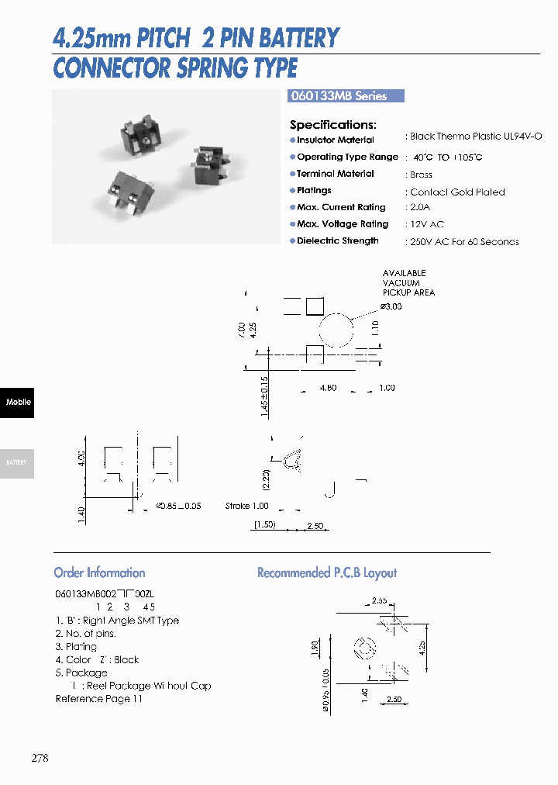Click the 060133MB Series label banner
point(346,96)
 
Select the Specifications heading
point(332,125)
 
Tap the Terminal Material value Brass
point(421,175)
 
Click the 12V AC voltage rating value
point(426,224)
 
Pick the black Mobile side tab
point(17,402)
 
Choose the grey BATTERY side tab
point(17,463)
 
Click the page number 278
point(40,758)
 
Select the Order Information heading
point(99,573)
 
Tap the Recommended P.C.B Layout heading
point(326,573)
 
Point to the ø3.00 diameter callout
point(391,306)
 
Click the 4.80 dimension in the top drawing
point(328,387)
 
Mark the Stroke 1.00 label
point(246,506)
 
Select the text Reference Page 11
point(98,699)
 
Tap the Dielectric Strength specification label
point(337,241)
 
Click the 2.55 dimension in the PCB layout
point(379,600)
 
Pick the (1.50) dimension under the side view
point(264,525)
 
